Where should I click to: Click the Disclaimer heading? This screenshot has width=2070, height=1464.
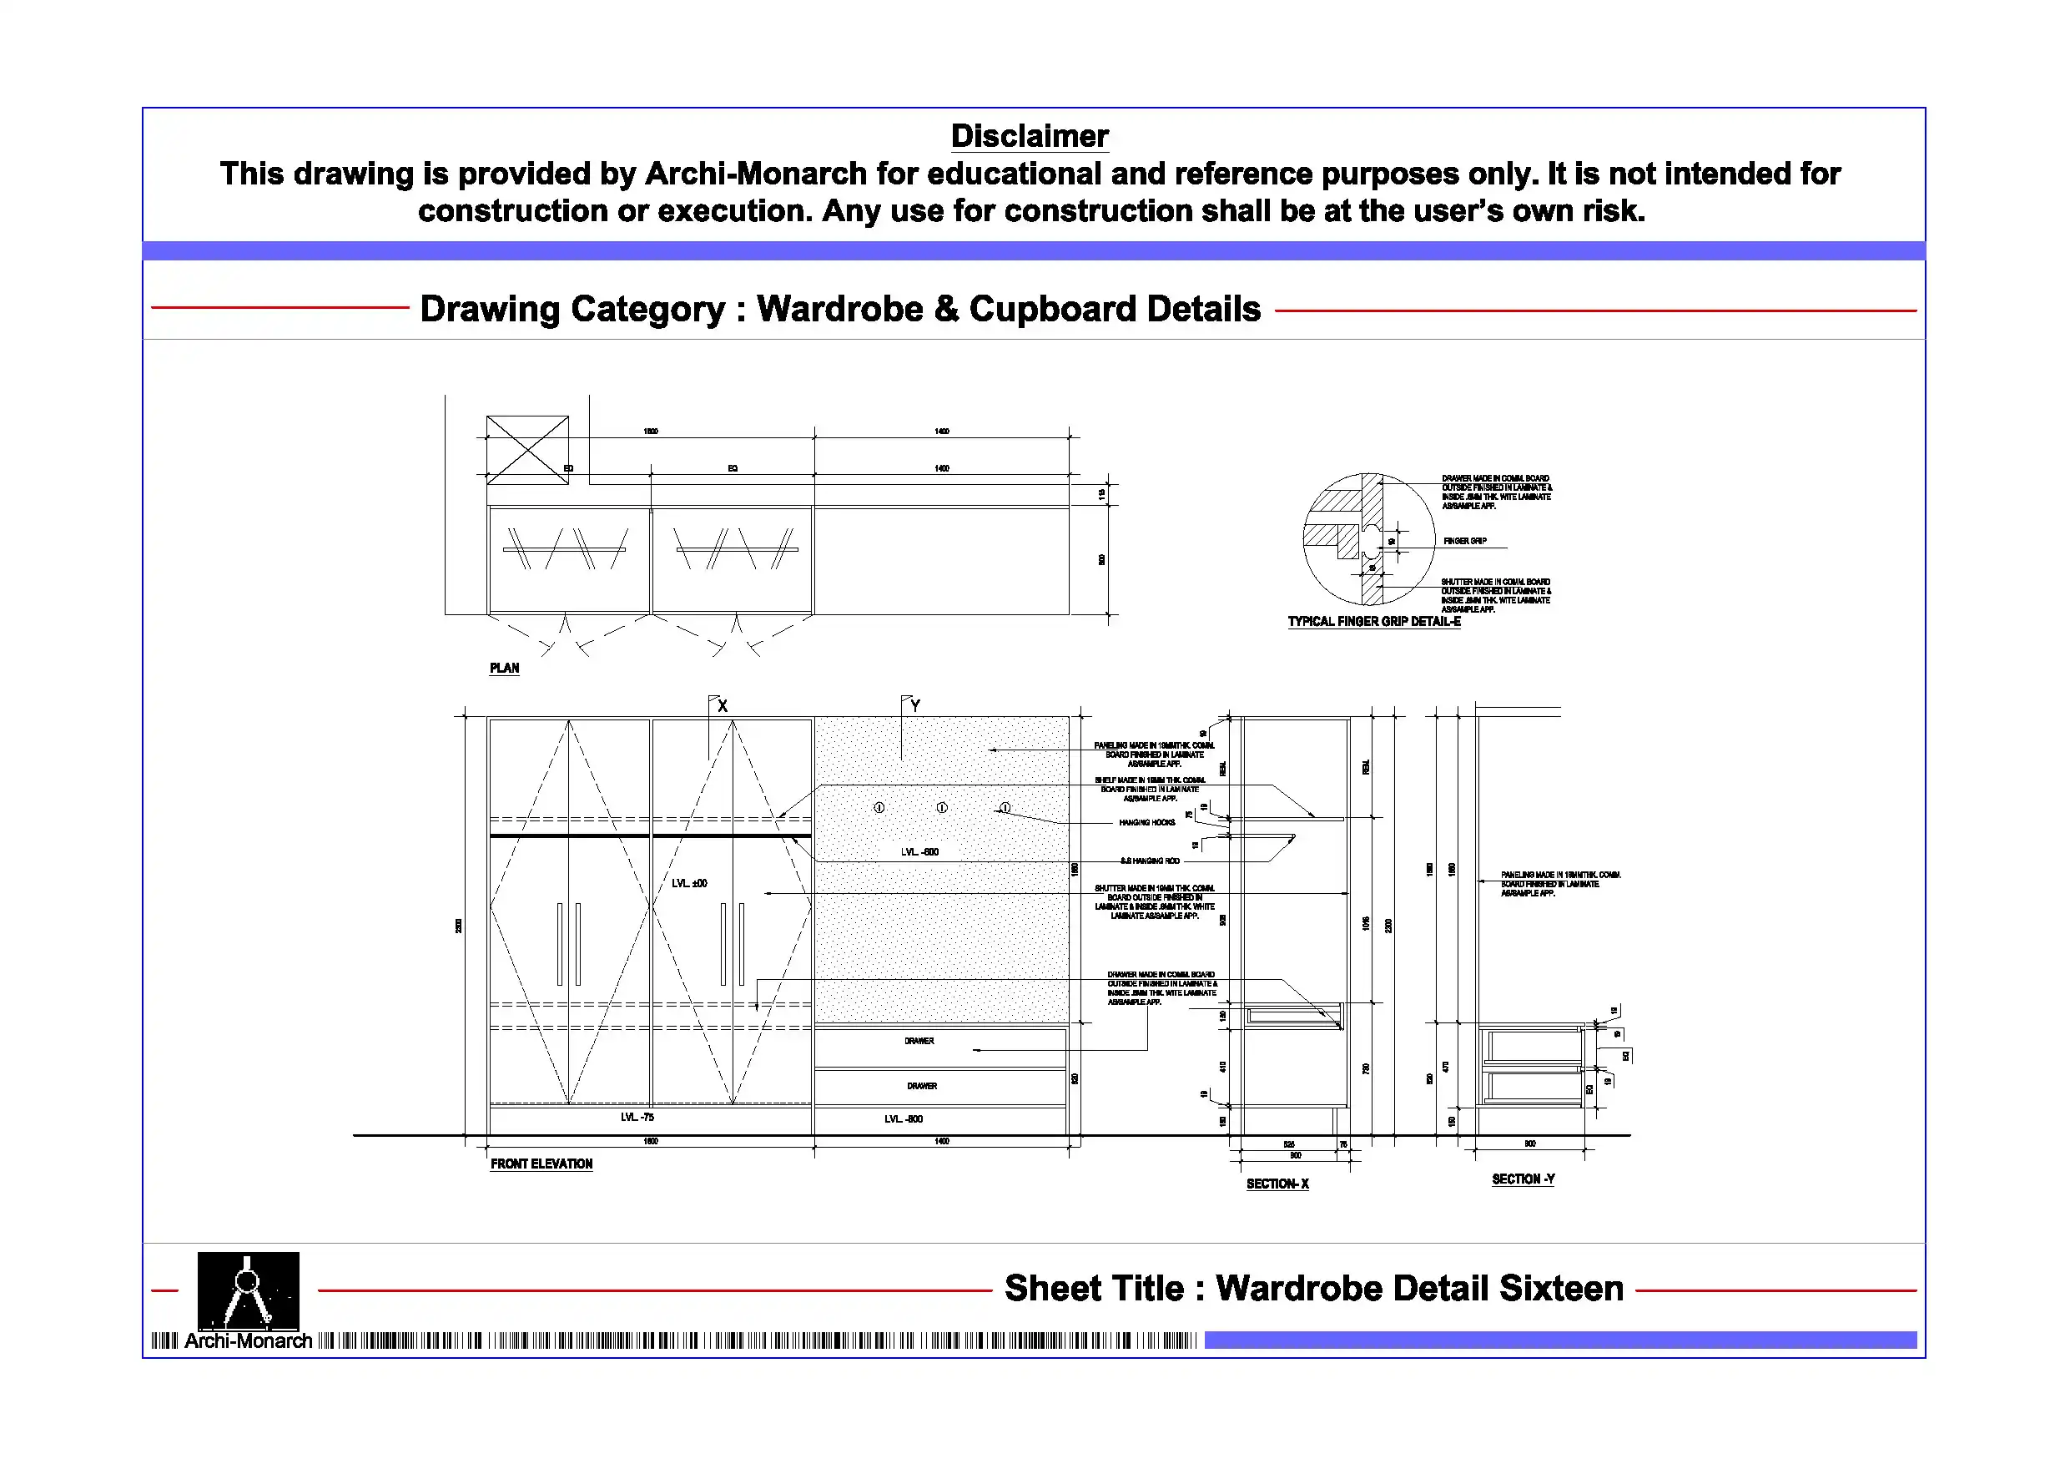1029,136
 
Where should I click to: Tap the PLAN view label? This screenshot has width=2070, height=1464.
504,669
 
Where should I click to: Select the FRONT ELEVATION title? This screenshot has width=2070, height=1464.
541,1164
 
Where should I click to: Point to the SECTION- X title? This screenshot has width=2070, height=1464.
1277,1184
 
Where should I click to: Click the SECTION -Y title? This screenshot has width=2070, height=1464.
1523,1180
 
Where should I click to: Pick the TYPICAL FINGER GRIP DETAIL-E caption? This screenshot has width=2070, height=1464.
1373,622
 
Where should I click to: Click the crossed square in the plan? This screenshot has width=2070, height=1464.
527,449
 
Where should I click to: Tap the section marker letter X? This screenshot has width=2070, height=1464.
723,707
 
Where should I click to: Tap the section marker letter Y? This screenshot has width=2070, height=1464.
915,706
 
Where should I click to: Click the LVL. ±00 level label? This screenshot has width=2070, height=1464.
690,883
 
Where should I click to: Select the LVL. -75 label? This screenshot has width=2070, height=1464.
637,1118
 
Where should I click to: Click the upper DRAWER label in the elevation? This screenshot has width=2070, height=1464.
919,1041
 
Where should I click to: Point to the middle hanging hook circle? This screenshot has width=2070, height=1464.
941,808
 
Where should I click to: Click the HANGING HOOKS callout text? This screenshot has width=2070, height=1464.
1146,823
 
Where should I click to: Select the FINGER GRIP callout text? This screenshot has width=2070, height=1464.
1465,541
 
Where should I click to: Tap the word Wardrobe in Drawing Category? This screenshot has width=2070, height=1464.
839,310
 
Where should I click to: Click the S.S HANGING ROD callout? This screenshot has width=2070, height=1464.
1150,861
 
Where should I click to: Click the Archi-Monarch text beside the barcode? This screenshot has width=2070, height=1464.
248,1341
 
